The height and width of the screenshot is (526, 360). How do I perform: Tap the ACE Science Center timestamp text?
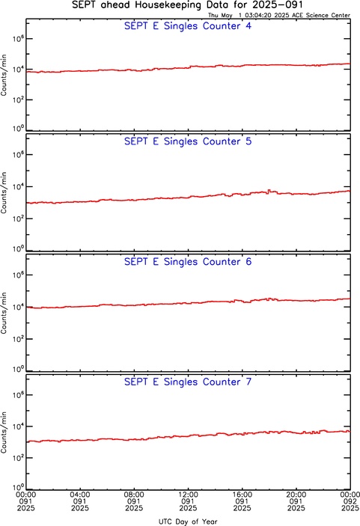(279, 15)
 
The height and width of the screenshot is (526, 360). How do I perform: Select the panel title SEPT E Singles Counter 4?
(188, 26)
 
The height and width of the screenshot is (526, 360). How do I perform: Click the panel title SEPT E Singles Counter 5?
(188, 141)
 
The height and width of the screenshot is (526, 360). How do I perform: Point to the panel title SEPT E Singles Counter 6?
(188, 262)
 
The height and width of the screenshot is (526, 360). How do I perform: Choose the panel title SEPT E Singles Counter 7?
(188, 382)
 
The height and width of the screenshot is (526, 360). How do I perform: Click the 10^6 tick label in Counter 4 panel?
(18, 39)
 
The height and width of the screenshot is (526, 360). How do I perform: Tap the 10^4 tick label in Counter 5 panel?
(18, 186)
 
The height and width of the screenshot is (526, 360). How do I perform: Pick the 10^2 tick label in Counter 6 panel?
(18, 338)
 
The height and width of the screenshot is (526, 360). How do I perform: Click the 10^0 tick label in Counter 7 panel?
(18, 487)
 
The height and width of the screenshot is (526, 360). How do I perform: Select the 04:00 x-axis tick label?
(80, 495)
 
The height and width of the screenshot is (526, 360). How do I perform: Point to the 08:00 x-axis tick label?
(134, 495)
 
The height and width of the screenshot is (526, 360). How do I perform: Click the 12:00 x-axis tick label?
(188, 495)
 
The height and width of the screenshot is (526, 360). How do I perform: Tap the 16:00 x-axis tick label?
(242, 495)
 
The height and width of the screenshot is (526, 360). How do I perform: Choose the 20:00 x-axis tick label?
(296, 495)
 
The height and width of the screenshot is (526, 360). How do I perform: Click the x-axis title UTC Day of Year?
(188, 522)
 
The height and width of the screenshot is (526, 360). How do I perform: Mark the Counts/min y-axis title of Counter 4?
(4, 75)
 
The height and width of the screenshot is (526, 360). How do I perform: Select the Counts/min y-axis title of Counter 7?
(4, 432)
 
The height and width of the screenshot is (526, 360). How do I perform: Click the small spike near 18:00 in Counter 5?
(269, 191)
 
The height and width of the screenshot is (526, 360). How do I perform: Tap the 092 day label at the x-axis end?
(350, 501)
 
